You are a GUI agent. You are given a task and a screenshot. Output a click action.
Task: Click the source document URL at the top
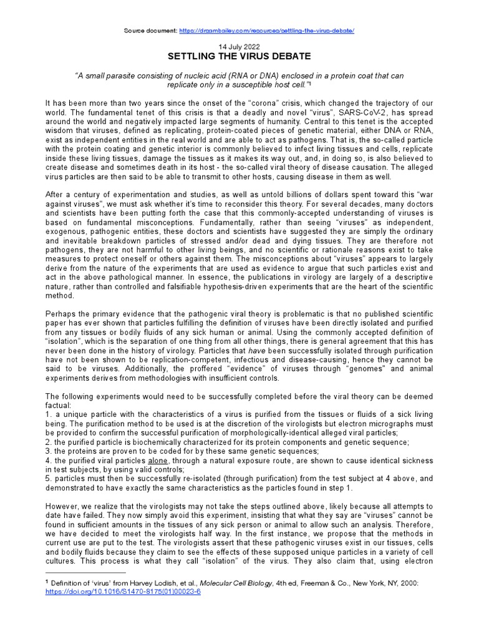(x=266, y=31)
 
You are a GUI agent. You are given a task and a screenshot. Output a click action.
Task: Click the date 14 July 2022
(x=239, y=47)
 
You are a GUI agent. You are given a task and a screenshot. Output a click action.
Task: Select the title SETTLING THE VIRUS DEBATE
(x=239, y=56)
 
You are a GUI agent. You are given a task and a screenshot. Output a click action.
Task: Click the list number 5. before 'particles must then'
(x=49, y=478)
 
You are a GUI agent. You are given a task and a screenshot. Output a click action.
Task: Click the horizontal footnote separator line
(x=85, y=572)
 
